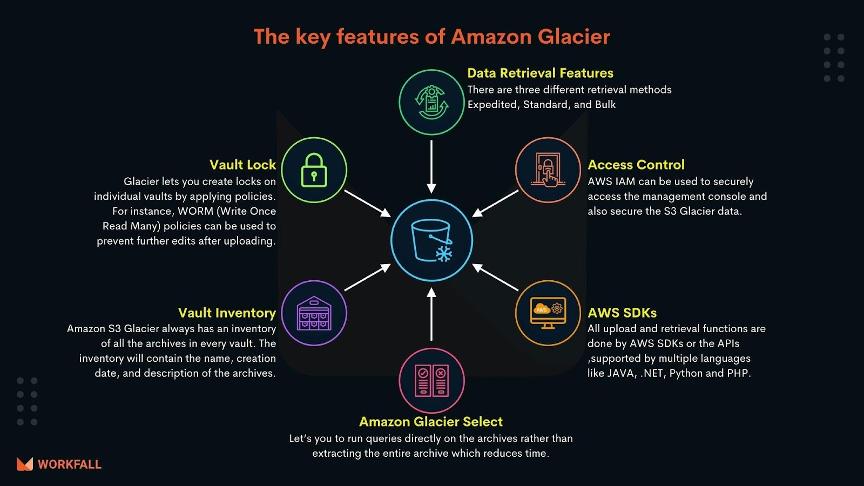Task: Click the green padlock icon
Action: [x=314, y=170]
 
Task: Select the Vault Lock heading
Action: [x=242, y=165]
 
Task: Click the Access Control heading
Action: [x=636, y=165]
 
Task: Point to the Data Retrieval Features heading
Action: [x=540, y=73]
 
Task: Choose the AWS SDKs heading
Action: [x=622, y=313]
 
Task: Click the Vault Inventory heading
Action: [x=227, y=313]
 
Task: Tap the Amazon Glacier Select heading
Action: [x=431, y=422]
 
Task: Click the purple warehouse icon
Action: [x=314, y=313]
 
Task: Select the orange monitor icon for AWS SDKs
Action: [x=548, y=313]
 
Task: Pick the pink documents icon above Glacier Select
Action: [x=431, y=380]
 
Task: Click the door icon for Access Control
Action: [x=548, y=170]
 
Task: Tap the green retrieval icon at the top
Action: [x=431, y=102]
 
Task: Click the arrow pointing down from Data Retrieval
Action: [x=431, y=166]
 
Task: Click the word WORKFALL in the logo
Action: [x=70, y=464]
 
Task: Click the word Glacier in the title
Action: [x=573, y=37]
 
